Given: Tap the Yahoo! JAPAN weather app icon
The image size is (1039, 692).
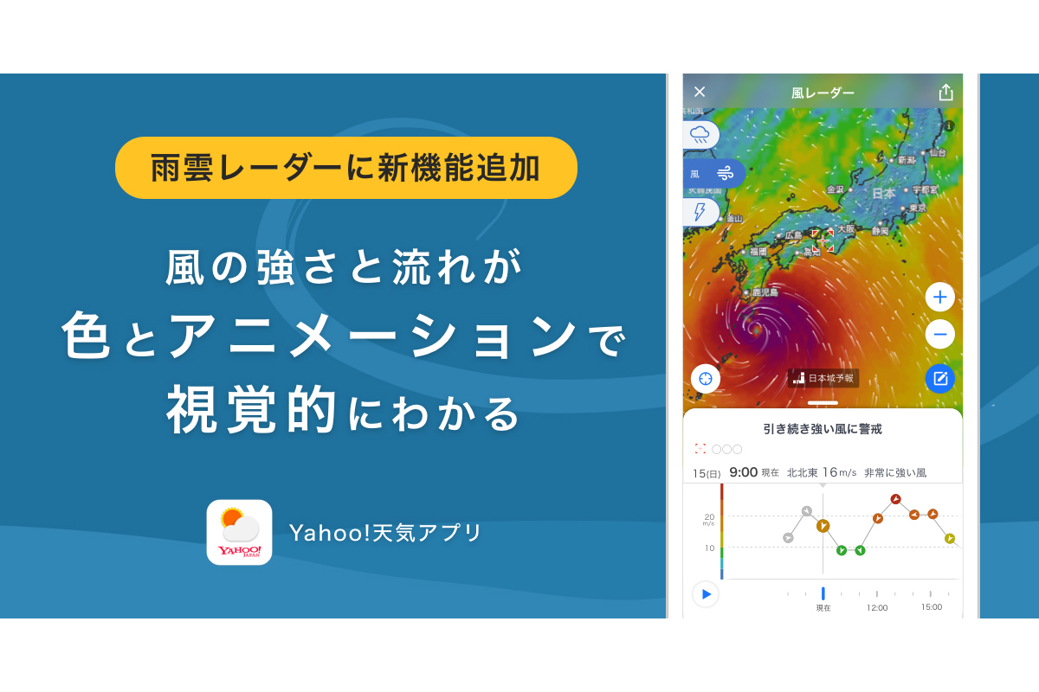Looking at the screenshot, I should [239, 532].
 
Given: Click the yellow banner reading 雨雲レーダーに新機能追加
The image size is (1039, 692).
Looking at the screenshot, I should [345, 168].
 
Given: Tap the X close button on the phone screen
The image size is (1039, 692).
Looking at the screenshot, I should [700, 92].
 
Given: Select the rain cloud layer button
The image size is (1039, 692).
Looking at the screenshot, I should [700, 134].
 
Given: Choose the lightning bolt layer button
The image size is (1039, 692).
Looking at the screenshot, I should [700, 212].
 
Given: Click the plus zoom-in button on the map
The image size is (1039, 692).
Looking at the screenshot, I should [939, 298].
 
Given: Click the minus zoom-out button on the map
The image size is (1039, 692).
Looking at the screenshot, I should [939, 334].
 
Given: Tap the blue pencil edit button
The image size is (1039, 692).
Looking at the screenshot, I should [939, 378].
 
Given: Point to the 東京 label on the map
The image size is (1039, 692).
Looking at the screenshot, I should [918, 208].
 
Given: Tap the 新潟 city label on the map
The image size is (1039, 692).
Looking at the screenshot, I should [905, 160].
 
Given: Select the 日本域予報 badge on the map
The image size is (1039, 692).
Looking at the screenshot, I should [823, 378].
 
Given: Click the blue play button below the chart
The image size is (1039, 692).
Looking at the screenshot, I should [706, 594].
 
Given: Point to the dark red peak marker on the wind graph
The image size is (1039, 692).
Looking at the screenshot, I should [895, 499].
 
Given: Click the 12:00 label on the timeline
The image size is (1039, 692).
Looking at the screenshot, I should [877, 607].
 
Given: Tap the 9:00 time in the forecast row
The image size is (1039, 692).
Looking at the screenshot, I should [743, 472].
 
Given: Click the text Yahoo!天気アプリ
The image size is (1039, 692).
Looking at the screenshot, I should [385, 533].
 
